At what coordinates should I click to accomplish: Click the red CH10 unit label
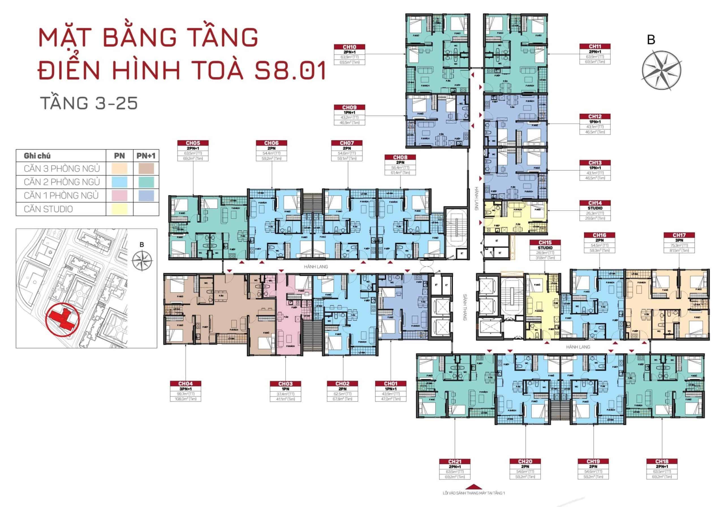click(349, 47)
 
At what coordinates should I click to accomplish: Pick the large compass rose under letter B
click(661, 70)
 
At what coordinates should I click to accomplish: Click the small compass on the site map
click(142, 261)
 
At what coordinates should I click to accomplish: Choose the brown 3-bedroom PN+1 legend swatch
click(146, 168)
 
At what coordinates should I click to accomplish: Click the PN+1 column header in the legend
click(146, 156)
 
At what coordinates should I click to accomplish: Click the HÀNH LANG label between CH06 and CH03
click(316, 267)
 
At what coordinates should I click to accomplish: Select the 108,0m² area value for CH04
click(186, 399)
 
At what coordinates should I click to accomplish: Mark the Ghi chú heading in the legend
click(37, 156)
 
